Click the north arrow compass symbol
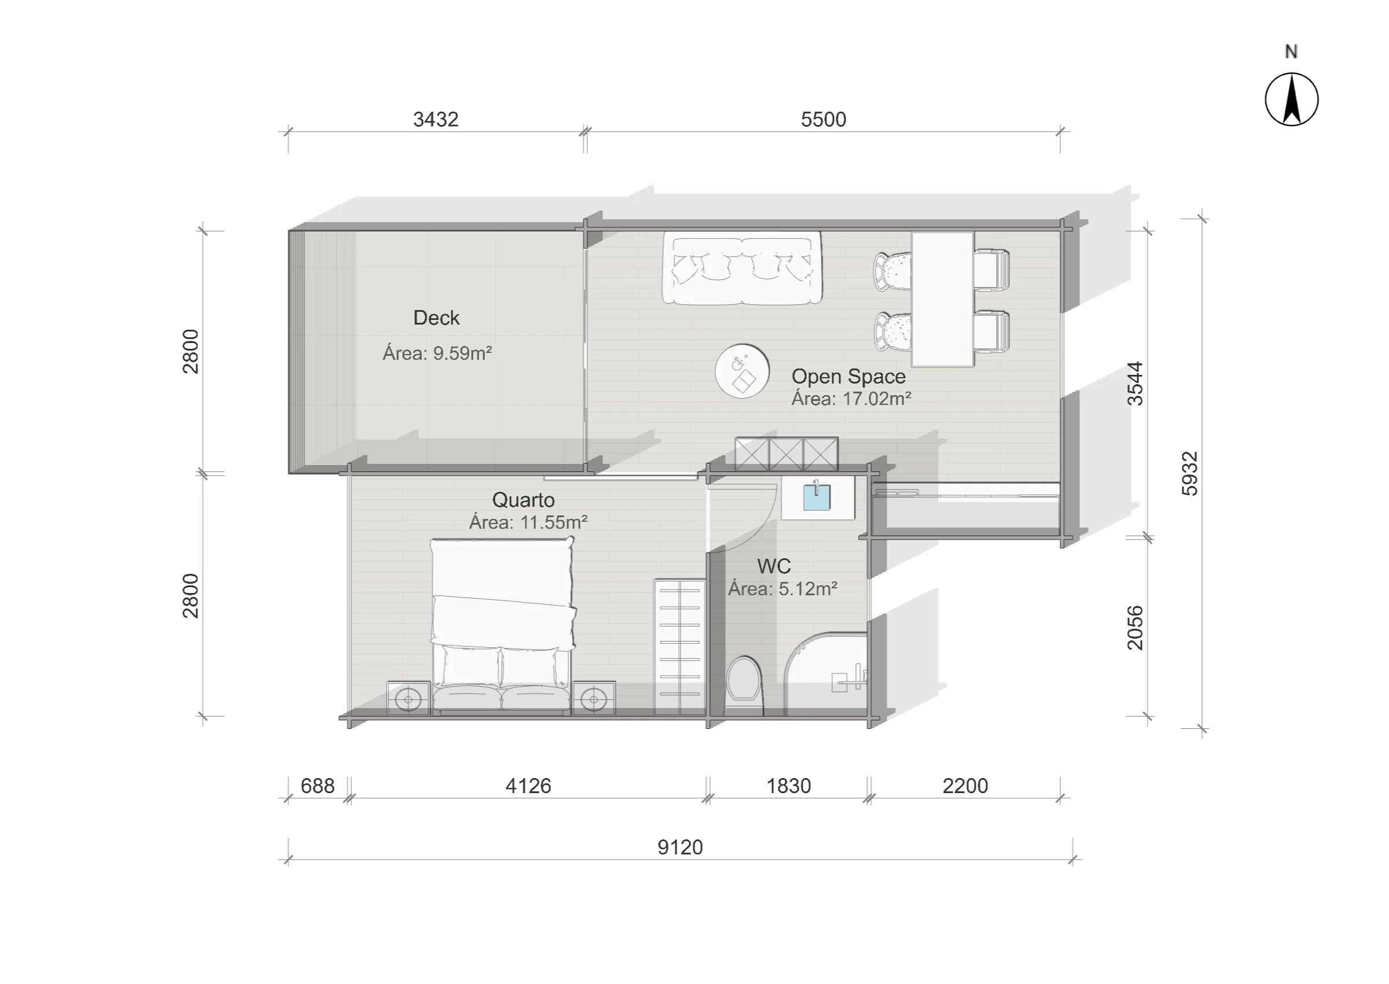tap(1291, 99)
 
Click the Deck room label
tap(436, 318)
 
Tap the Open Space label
tap(848, 376)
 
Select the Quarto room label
tap(523, 500)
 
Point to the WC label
tap(774, 566)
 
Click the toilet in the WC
tap(744, 686)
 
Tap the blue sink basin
tap(817, 497)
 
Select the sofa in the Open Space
tap(743, 268)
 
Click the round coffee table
tap(743, 371)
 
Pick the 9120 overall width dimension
tap(680, 847)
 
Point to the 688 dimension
tap(318, 786)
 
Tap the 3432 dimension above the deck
tap(436, 119)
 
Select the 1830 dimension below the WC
tap(788, 786)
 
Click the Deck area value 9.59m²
tap(462, 353)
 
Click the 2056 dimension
tap(1135, 628)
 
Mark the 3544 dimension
tap(1135, 384)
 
